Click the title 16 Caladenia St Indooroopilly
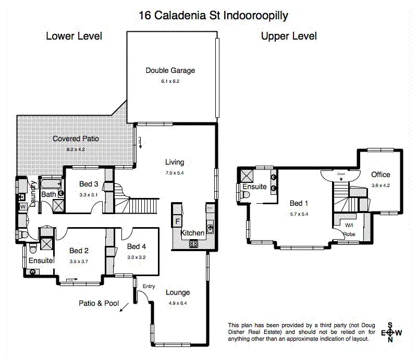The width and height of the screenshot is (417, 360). tap(213, 15)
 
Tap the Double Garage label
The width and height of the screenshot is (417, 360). tap(170, 70)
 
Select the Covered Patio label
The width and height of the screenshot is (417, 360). tap(75, 139)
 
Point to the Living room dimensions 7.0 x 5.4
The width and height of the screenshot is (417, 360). tap(175, 172)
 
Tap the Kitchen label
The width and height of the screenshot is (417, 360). tap(192, 233)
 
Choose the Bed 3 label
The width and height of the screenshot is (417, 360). tap(88, 184)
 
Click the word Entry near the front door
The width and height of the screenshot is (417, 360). tap(149, 287)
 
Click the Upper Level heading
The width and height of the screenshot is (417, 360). tap(289, 36)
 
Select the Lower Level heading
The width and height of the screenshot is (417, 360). tap(73, 36)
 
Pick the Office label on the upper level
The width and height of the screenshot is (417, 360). tap(381, 175)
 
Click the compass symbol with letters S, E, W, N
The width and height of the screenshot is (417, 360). tap(391, 332)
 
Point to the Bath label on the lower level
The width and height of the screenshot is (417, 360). tap(48, 195)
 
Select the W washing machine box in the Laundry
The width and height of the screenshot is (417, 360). tap(22, 207)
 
